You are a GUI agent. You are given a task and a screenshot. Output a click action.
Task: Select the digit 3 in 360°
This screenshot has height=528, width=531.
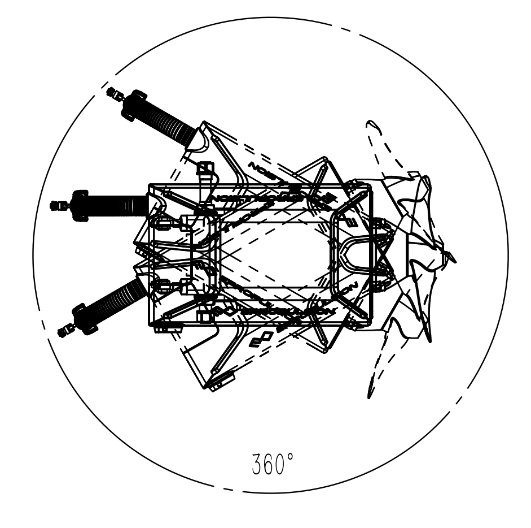tap(257, 465)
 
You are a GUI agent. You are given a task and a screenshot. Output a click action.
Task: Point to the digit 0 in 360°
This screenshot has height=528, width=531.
tap(280, 465)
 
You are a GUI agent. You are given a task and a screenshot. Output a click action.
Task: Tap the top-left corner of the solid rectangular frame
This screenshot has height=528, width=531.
tap(149, 185)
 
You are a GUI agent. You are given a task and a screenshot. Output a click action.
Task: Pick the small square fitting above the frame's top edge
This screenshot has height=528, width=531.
tap(205, 168)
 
